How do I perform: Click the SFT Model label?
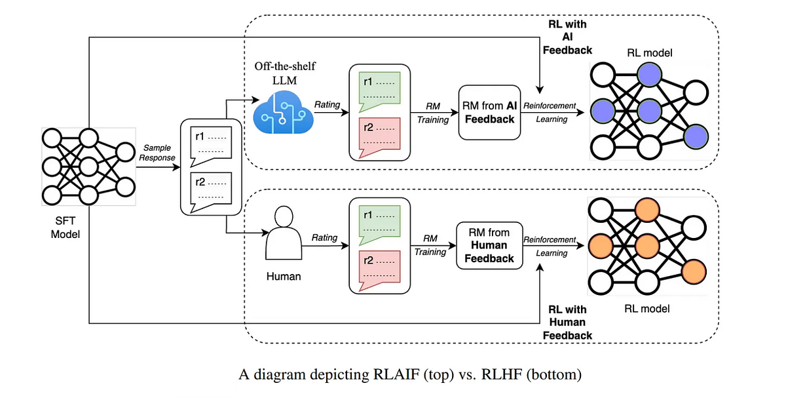coord(65,227)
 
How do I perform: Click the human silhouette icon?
coord(284,234)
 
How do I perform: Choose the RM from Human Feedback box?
coord(489,245)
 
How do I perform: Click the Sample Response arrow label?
coord(157,153)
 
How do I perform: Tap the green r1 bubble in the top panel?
coord(380,90)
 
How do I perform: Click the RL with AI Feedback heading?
coord(567,37)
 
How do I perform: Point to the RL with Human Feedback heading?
coord(567,322)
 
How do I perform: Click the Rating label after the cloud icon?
coord(327,104)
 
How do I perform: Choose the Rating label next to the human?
coord(324,237)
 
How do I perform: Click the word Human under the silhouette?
coord(284,276)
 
